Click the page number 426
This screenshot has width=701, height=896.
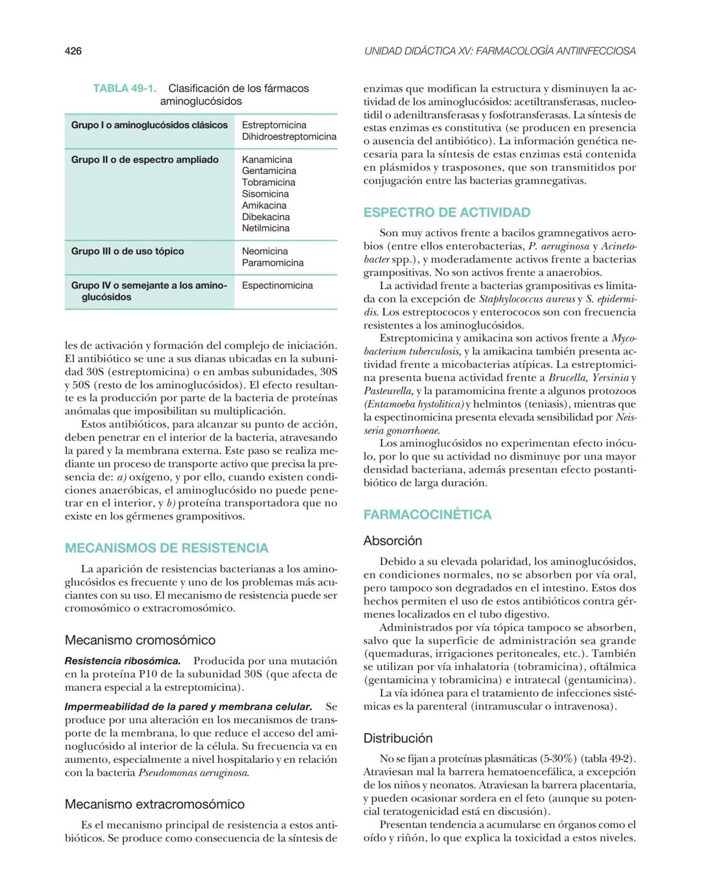(73, 51)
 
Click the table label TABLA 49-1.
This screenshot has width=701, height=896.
(125, 88)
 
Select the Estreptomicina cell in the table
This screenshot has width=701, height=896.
(274, 125)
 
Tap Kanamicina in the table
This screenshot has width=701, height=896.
(267, 160)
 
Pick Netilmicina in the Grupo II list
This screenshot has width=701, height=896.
(265, 228)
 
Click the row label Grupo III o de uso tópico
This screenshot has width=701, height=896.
(127, 251)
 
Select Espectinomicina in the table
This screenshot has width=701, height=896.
(277, 285)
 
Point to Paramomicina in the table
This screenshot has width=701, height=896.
(273, 263)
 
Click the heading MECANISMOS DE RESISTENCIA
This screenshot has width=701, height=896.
(166, 548)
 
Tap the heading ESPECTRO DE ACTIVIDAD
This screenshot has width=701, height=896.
(447, 212)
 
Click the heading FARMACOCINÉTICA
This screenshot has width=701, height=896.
(427, 515)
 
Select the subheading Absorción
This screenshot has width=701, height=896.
(392, 541)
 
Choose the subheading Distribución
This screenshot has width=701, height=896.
(397, 738)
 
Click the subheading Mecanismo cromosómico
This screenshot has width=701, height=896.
(140, 640)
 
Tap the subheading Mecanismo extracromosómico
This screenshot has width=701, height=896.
(154, 804)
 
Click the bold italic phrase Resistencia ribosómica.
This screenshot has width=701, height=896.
(122, 661)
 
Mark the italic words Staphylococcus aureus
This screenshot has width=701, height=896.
(526, 299)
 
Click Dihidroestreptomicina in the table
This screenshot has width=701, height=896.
(289, 136)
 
